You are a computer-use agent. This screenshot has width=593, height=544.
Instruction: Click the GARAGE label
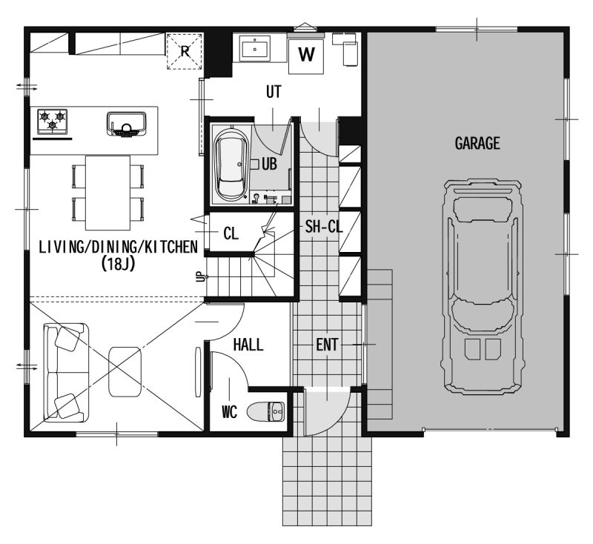[x=477, y=143]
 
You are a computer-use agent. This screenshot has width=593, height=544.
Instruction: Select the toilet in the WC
[x=266, y=411]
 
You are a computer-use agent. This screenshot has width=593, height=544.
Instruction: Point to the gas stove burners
[x=52, y=122]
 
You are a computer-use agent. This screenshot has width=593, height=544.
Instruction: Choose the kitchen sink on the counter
[x=126, y=124]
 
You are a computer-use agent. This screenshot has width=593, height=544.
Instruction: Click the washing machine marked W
[x=306, y=56]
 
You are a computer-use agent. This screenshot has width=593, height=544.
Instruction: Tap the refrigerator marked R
[x=185, y=51]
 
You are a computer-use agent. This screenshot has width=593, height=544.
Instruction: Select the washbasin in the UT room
[x=255, y=48]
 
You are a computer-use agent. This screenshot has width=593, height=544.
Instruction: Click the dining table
[x=107, y=193]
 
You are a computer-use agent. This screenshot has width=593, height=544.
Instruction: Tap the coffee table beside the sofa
[x=125, y=371]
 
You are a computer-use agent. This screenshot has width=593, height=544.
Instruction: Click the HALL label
[x=248, y=345]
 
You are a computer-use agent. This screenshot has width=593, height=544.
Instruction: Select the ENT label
[x=327, y=345]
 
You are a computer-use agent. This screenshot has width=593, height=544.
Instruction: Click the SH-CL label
[x=324, y=227]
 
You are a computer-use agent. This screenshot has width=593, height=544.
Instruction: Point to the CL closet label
[x=231, y=233]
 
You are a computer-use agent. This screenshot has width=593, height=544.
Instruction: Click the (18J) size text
[x=118, y=264]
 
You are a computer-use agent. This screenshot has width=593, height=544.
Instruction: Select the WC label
[x=229, y=411]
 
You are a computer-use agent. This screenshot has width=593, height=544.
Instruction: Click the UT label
[x=274, y=92]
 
